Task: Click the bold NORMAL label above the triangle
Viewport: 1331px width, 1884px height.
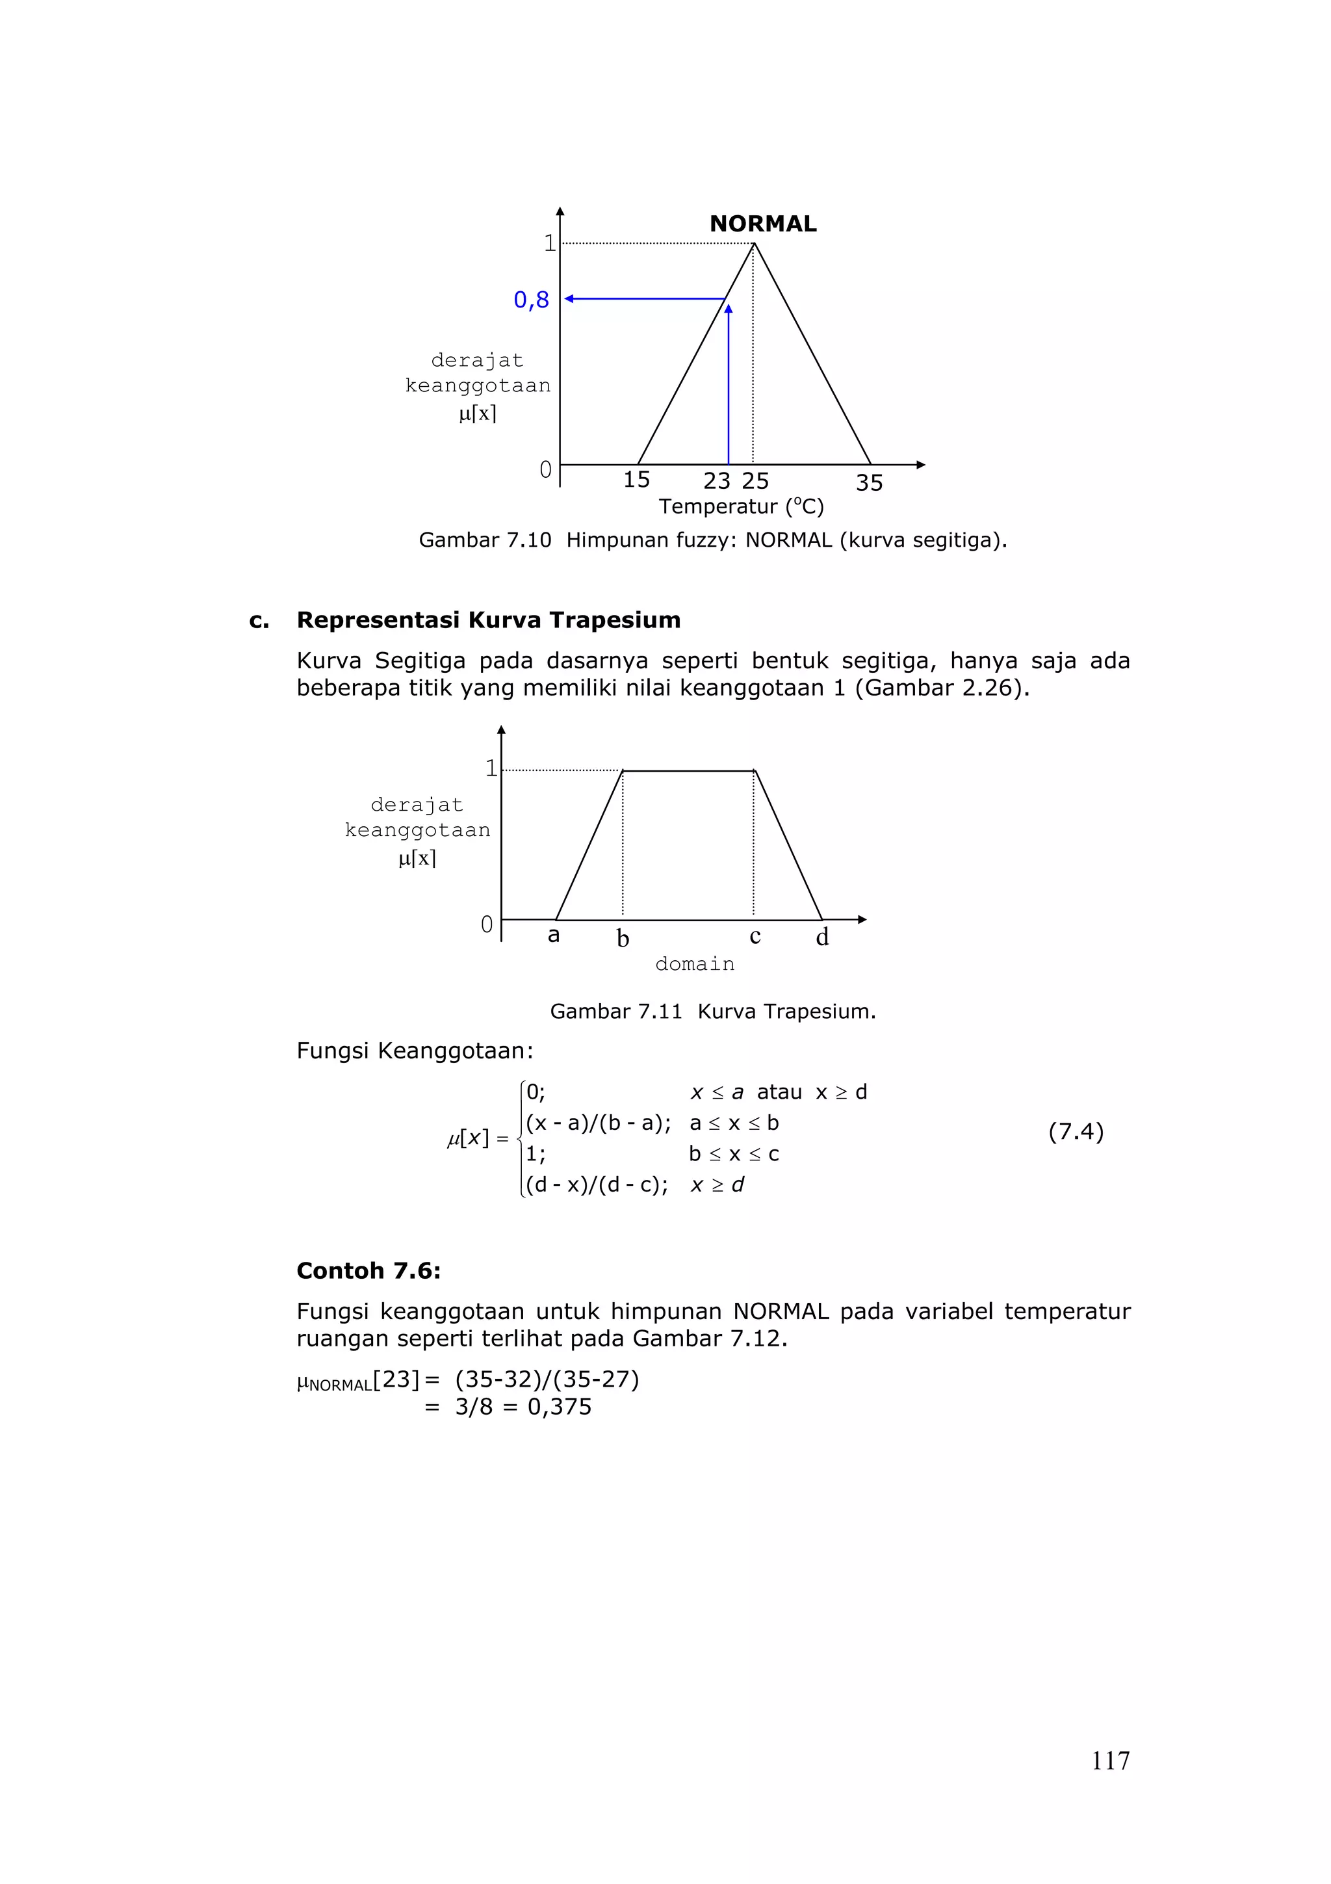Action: tap(763, 224)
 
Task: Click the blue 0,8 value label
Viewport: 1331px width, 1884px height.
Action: tap(530, 300)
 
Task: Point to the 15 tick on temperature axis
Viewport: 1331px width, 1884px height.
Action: tap(636, 480)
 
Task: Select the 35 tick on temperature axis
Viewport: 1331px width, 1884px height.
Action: tap(870, 483)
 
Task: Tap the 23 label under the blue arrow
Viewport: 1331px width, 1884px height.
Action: tap(717, 482)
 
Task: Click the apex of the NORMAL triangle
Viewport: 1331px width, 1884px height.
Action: tap(754, 244)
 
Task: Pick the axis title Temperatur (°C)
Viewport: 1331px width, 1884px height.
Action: tap(740, 507)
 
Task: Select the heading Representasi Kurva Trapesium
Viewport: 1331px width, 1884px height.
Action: tap(488, 620)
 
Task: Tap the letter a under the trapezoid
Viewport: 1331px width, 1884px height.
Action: tap(554, 935)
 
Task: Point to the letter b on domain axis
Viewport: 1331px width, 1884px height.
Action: tap(623, 939)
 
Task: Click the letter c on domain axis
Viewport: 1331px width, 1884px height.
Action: tap(755, 937)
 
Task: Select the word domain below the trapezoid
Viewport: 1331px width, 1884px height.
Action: tap(695, 964)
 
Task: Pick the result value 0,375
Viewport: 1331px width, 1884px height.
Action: tap(560, 1407)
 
